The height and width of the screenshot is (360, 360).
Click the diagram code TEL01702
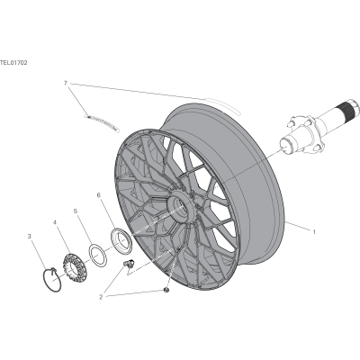13,63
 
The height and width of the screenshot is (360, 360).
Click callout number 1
314,231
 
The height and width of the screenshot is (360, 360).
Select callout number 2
101,297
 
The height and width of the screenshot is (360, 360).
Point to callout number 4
55,222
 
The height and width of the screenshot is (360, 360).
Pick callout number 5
76,211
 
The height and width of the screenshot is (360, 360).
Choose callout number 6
98,195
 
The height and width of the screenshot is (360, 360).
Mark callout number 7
66,83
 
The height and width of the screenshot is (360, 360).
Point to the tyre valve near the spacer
130,263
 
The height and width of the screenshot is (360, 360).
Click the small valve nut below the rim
166,290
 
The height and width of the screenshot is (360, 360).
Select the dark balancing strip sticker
102,122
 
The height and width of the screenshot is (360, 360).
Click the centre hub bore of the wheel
181,207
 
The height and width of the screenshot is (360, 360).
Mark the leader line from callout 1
298,226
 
